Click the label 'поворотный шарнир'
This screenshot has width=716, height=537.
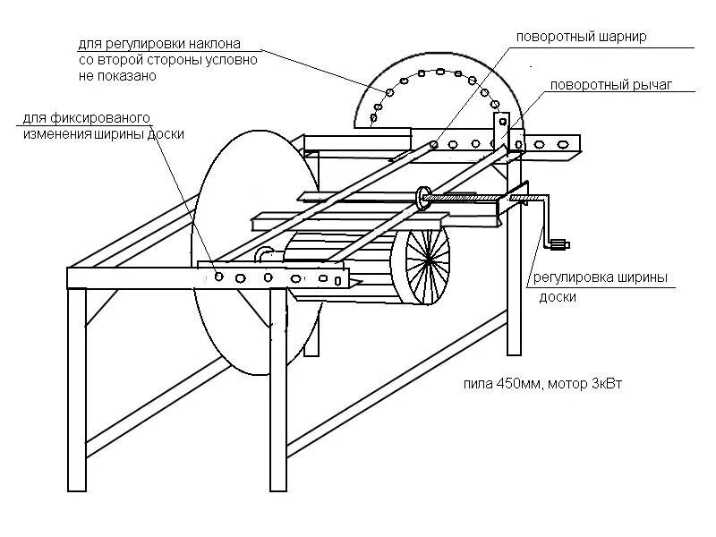pos(581,38)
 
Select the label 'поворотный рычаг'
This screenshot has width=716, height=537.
pos(610,85)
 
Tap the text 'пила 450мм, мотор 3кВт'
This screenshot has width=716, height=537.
pos(542,384)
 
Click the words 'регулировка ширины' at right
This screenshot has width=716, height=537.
pos(601,277)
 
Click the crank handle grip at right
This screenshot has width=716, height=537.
pos(561,243)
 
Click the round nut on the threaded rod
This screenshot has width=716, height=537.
pos(423,196)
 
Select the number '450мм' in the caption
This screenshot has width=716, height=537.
pos(518,384)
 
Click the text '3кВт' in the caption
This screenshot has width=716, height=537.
pos(605,384)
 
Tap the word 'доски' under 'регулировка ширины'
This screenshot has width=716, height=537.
pos(556,297)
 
